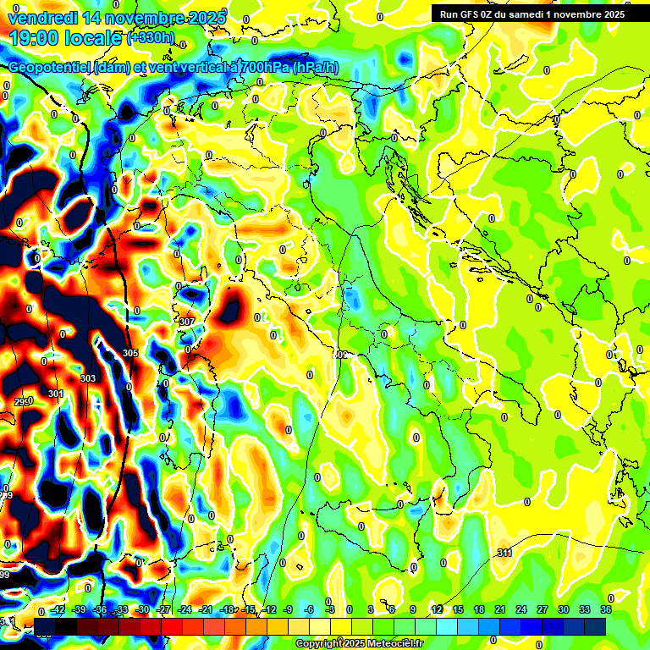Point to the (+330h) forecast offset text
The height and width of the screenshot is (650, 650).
[x=150, y=38]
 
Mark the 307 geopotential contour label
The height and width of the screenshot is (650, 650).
[x=187, y=322]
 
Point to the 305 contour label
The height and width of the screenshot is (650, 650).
[x=129, y=353]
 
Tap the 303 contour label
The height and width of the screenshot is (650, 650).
[x=87, y=378]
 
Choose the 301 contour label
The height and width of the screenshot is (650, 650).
[x=56, y=394]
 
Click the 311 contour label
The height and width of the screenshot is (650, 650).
[x=504, y=553]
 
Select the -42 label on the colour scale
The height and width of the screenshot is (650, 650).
[x=58, y=609]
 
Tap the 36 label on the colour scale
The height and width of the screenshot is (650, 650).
[x=605, y=609]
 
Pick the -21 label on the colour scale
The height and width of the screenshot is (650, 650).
[x=205, y=609]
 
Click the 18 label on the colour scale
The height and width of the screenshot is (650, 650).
[x=478, y=609]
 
